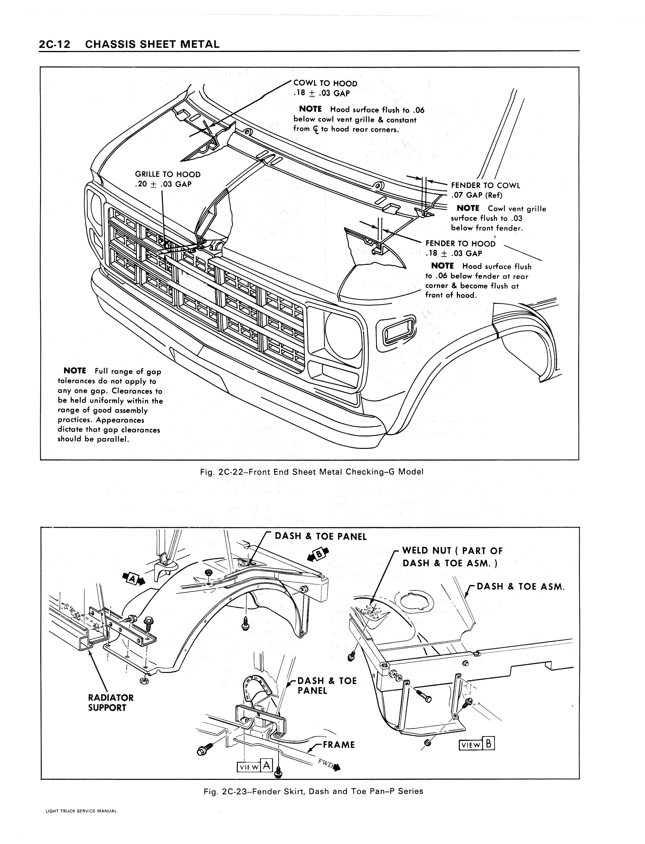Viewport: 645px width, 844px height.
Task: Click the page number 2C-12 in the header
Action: pos(54,45)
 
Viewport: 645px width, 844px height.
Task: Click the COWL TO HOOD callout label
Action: pos(325,84)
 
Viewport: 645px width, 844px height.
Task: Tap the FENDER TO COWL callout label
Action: pos(485,186)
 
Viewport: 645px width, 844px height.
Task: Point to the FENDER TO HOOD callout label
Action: pos(460,244)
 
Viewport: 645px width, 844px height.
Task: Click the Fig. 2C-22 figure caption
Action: pos(312,472)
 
